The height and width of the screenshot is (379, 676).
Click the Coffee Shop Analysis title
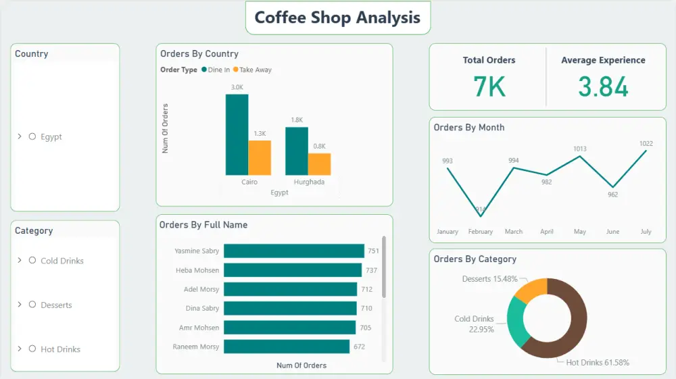tap(337, 18)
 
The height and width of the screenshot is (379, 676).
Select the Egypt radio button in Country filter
tap(32, 136)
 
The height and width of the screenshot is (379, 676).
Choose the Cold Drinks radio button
tap(32, 261)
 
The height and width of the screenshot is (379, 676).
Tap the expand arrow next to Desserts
tap(20, 305)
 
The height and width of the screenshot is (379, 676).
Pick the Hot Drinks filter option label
tap(60, 349)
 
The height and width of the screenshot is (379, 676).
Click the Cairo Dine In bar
tap(237, 134)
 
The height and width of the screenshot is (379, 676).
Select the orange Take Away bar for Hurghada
tap(319, 164)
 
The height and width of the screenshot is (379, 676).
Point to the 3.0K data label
tap(237, 87)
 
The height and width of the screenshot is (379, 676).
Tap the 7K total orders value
tap(489, 87)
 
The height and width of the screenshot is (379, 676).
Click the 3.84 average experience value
tap(603, 87)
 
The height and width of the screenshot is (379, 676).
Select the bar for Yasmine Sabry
tap(293, 251)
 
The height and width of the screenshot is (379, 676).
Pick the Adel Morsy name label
tap(201, 289)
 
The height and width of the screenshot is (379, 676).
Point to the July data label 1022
tap(646, 143)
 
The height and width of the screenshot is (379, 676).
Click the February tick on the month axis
tap(480, 232)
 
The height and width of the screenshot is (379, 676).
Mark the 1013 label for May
tap(580, 149)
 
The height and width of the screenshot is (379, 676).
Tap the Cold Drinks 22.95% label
tap(474, 324)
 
